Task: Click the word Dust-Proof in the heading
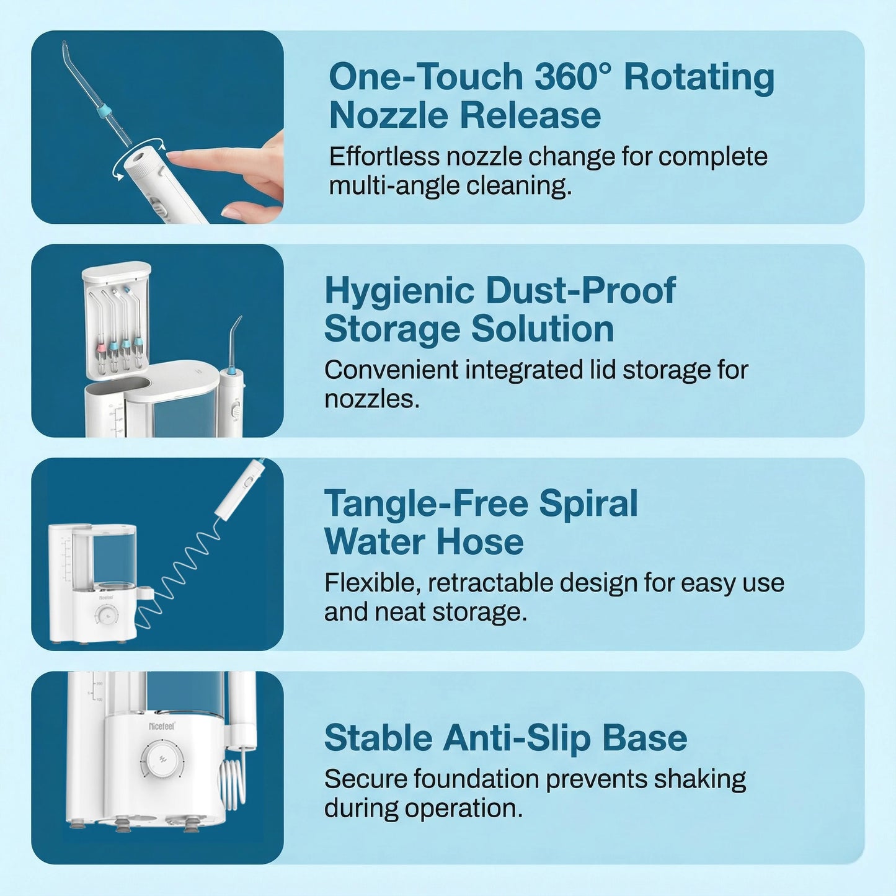tap(580, 291)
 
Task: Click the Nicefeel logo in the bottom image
tap(162, 725)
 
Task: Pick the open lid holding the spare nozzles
tap(117, 319)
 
